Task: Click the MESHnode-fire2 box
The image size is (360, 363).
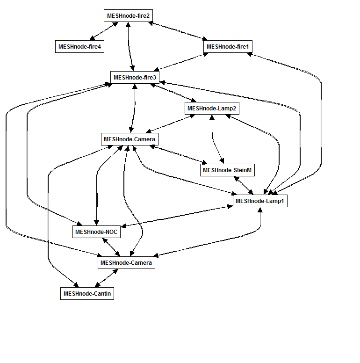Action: click(x=128, y=16)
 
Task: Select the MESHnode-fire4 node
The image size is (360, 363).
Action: click(x=79, y=47)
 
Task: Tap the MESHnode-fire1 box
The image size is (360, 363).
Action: click(x=229, y=47)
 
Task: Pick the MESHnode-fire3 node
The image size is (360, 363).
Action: click(x=135, y=77)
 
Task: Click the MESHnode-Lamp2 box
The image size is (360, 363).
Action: click(x=212, y=109)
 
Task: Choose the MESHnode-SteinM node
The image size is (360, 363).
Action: click(x=228, y=171)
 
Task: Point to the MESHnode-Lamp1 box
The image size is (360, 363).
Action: click(x=260, y=201)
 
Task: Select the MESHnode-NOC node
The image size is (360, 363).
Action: click(x=97, y=232)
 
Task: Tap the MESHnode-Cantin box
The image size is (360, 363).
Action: click(x=87, y=294)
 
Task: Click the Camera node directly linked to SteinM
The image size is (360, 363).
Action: click(x=129, y=139)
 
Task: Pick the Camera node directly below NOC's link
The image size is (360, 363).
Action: click(x=126, y=263)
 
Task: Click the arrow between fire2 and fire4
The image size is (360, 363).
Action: click(x=103, y=31)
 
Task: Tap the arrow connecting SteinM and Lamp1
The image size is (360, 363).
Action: click(x=244, y=186)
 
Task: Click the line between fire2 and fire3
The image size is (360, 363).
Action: click(x=130, y=47)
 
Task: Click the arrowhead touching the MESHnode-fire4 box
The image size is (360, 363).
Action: click(x=92, y=39)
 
